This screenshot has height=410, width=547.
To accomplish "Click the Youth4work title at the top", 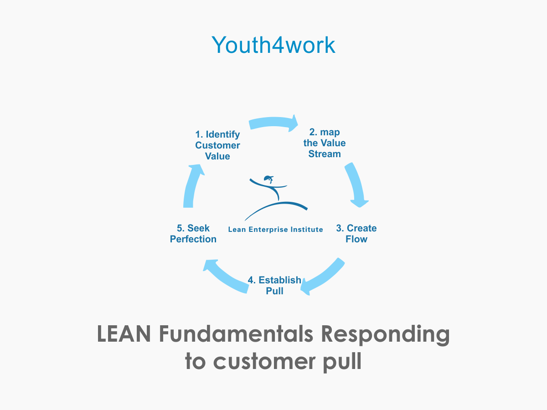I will tap(273, 45).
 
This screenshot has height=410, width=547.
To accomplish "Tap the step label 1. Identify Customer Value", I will tap(217, 145).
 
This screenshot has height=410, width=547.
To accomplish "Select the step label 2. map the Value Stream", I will tap(325, 143).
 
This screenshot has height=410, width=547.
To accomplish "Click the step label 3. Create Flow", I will tap(356, 234).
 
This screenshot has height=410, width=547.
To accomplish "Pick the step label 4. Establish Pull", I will tap(274, 285).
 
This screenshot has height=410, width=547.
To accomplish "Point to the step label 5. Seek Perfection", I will tap(193, 234).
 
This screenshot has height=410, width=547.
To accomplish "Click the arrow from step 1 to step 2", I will tap(273, 123).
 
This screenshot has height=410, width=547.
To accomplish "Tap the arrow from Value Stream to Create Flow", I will tap(357, 186).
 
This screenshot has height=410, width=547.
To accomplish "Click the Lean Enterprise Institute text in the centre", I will tap(275, 230).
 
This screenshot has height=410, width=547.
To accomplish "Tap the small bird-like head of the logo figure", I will tap(269, 178).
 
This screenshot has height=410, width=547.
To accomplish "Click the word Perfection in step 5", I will tap(193, 239).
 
